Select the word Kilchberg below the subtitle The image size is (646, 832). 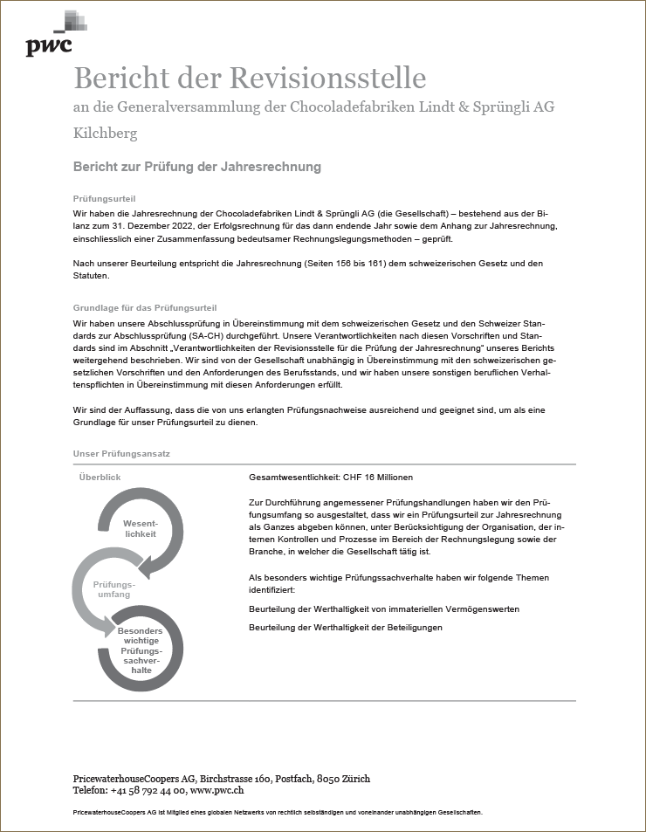(x=105, y=134)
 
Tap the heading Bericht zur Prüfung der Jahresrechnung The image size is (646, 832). (x=197, y=166)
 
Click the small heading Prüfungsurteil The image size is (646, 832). (x=104, y=199)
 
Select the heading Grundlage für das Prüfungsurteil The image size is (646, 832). (x=145, y=308)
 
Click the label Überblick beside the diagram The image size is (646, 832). (x=100, y=478)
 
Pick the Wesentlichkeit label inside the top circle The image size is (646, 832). (x=140, y=527)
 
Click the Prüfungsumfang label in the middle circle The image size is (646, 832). (x=114, y=589)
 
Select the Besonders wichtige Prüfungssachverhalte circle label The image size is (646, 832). (x=140, y=650)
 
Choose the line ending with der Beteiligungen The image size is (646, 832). (x=346, y=628)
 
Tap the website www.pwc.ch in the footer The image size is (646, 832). (x=216, y=790)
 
